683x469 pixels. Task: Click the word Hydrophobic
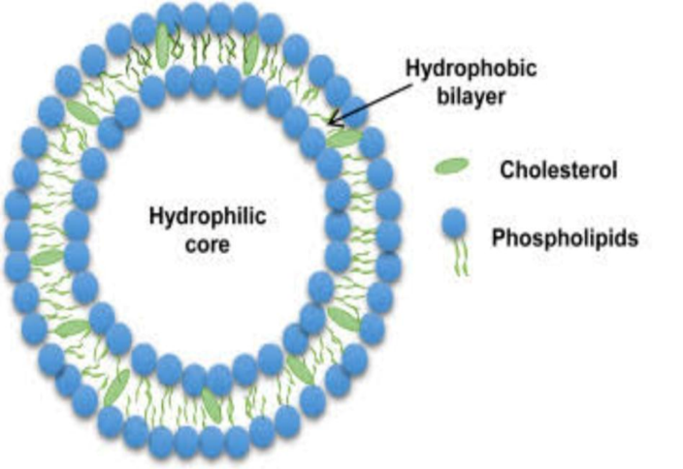click(471, 69)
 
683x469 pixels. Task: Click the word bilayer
click(471, 96)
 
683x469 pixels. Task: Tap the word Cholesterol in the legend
click(559, 170)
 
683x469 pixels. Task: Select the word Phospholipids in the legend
click(565, 238)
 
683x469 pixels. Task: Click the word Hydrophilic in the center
click(208, 216)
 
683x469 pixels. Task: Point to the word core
click(208, 244)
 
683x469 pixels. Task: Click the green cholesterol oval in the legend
click(452, 167)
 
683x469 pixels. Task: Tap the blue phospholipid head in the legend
click(454, 223)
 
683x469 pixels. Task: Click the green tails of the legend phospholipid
click(461, 257)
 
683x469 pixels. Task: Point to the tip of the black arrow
click(329, 124)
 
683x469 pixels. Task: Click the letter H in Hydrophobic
click(413, 68)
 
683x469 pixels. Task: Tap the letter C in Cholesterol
click(508, 171)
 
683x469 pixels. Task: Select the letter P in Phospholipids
click(499, 237)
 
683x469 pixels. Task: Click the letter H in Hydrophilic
click(156, 215)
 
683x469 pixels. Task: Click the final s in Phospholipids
click(633, 240)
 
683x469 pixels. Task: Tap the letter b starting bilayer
click(443, 96)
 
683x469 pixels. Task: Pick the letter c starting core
click(191, 245)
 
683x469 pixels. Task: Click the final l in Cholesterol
click(615, 170)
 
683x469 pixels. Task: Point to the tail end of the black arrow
click(411, 85)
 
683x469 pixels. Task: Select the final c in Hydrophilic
click(261, 218)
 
